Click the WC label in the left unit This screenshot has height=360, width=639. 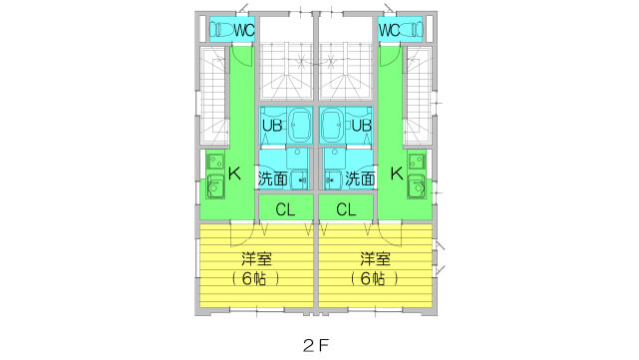pyautogui.click(x=243, y=30)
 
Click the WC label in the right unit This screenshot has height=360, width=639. pyautogui.click(x=390, y=30)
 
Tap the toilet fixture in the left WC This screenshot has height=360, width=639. pyautogui.click(x=221, y=30)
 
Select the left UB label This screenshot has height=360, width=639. pyautogui.click(x=271, y=126)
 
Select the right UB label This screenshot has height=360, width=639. pyautogui.click(x=362, y=126)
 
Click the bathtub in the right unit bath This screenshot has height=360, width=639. pyautogui.click(x=334, y=125)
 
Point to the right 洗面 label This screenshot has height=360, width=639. pyautogui.click(x=361, y=180)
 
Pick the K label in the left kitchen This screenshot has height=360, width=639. pyautogui.click(x=234, y=174)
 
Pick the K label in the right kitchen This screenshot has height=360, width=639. pyautogui.click(x=397, y=174)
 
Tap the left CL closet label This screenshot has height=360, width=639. pyautogui.click(x=285, y=209)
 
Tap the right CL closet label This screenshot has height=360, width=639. pyautogui.click(x=347, y=209)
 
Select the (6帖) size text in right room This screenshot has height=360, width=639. pyautogui.click(x=375, y=278)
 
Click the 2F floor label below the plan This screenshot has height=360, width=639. pyautogui.click(x=316, y=344)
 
